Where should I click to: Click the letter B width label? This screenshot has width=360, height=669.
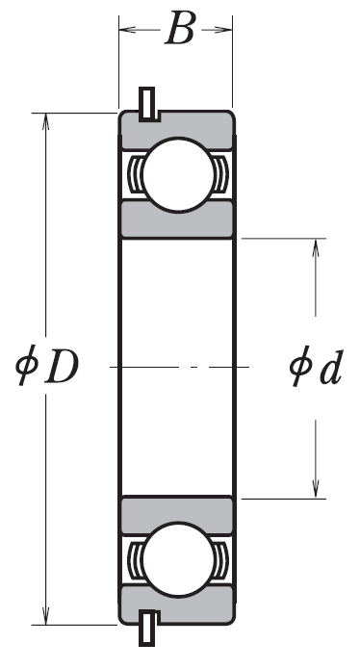pyautogui.click(x=180, y=28)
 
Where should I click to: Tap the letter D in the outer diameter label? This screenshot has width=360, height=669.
pyautogui.click(x=62, y=366)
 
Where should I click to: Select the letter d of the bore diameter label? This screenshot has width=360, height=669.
pyautogui.click(x=331, y=368)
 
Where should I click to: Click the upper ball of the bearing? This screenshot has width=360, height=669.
pyautogui.click(x=178, y=174)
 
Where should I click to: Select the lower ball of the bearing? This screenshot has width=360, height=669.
pyautogui.click(x=178, y=560)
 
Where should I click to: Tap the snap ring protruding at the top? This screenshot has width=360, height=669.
pyautogui.click(x=147, y=104)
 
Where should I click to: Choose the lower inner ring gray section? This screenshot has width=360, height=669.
pyautogui.click(x=177, y=514)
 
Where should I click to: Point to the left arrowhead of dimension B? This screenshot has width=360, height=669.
pyautogui.click(x=127, y=30)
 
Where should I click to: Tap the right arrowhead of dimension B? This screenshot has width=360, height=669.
pyautogui.click(x=223, y=30)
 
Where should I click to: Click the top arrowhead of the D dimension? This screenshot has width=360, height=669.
pyautogui.click(x=45, y=121)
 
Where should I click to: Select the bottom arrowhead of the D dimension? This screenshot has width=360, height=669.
pyautogui.click(x=45, y=616)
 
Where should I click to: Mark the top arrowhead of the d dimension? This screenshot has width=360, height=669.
pyautogui.click(x=316, y=247)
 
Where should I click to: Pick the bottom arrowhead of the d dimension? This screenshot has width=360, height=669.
pyautogui.click(x=316, y=489)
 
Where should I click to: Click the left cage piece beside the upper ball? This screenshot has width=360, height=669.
pyautogui.click(x=136, y=174)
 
